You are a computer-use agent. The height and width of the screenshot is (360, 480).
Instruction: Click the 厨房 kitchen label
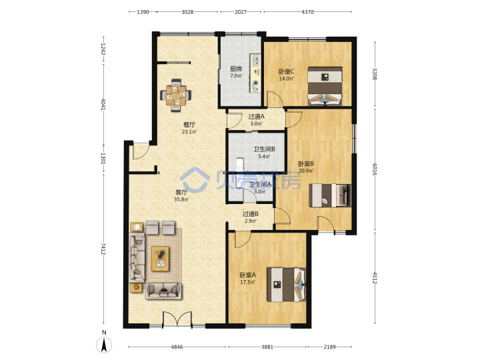pyautogui.click(x=236, y=69)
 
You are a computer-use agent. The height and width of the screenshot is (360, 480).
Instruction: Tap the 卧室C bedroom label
pyautogui.click(x=286, y=71)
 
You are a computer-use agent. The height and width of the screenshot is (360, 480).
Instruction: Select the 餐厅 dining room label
pyautogui.click(x=189, y=125)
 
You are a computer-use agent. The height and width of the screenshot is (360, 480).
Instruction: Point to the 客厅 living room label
pyautogui.click(x=181, y=193)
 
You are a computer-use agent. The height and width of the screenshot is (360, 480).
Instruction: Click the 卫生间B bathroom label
pyautogui.click(x=264, y=149)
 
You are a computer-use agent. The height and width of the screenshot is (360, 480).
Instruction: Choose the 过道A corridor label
pyautogui.click(x=256, y=117)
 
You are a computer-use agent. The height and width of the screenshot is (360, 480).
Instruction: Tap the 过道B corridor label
pyautogui.click(x=251, y=214)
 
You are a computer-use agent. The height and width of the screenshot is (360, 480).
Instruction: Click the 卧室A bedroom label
pyautogui.click(x=247, y=275)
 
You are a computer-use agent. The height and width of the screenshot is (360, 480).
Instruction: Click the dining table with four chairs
pyautogui.click(x=176, y=95)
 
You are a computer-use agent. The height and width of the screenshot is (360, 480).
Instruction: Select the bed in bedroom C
pyautogui.click(x=325, y=86)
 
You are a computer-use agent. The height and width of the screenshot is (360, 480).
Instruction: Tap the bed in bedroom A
pyautogui.click(x=286, y=285)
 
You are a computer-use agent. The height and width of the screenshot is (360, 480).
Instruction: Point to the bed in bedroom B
pyautogui.click(x=330, y=195)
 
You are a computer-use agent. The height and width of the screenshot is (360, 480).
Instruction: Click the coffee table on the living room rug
pyautogui.click(x=161, y=259)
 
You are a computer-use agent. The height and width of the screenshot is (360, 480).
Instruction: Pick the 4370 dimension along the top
pyautogui.click(x=307, y=12)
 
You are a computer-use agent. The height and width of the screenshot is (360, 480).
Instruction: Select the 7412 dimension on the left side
pyautogui.click(x=103, y=249)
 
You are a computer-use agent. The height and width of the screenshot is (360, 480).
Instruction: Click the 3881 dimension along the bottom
pyautogui.click(x=267, y=347)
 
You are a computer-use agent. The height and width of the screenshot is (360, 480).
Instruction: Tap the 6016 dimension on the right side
pyautogui.click(x=375, y=169)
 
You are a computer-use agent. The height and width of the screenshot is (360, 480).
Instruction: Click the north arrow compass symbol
pyautogui.click(x=104, y=345)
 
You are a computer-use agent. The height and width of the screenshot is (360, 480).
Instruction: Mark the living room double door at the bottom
pyautogui.click(x=177, y=319)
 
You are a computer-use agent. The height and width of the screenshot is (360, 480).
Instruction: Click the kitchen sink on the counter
pyautogui.click(x=255, y=60)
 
